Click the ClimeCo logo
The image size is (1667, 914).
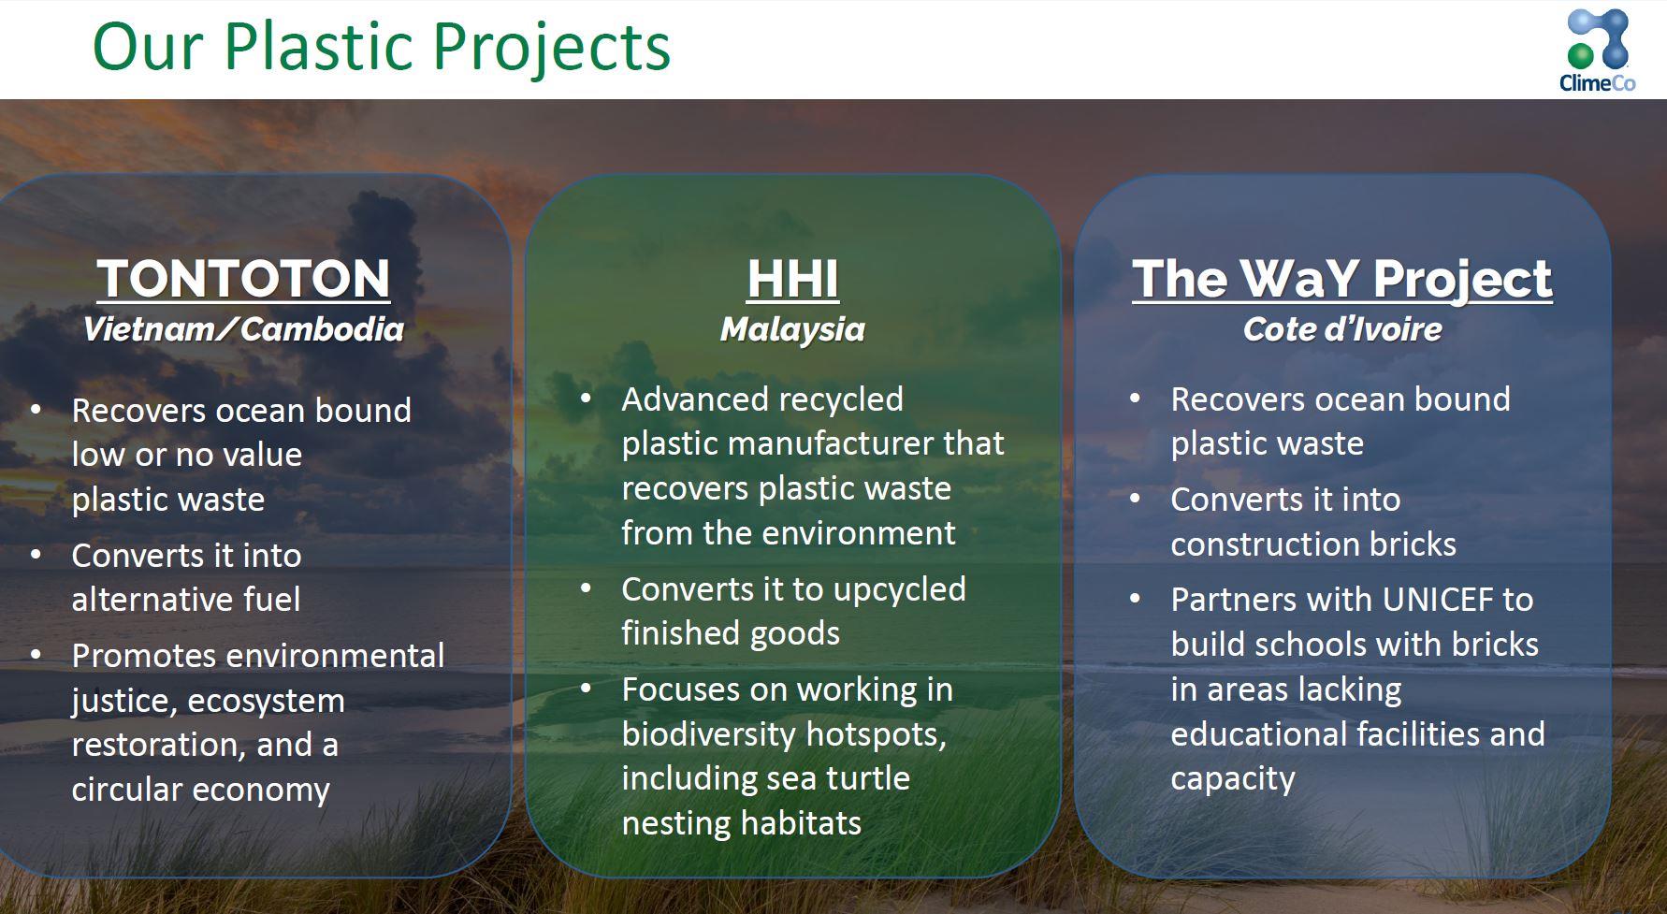[x=1598, y=51]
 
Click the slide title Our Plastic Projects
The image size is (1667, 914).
[x=382, y=47]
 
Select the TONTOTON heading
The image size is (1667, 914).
[x=243, y=279]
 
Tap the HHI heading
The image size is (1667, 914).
[x=793, y=279]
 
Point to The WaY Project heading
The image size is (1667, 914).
[x=1342, y=279]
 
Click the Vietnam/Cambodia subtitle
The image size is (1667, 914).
[x=243, y=329]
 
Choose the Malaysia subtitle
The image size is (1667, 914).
[x=793, y=329]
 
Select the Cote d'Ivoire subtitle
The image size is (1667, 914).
[x=1342, y=329]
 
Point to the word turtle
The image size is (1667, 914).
[x=862, y=778]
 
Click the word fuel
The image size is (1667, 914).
[x=272, y=600]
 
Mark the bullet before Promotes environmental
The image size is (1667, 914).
[x=36, y=656]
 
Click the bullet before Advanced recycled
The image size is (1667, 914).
[x=586, y=399]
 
